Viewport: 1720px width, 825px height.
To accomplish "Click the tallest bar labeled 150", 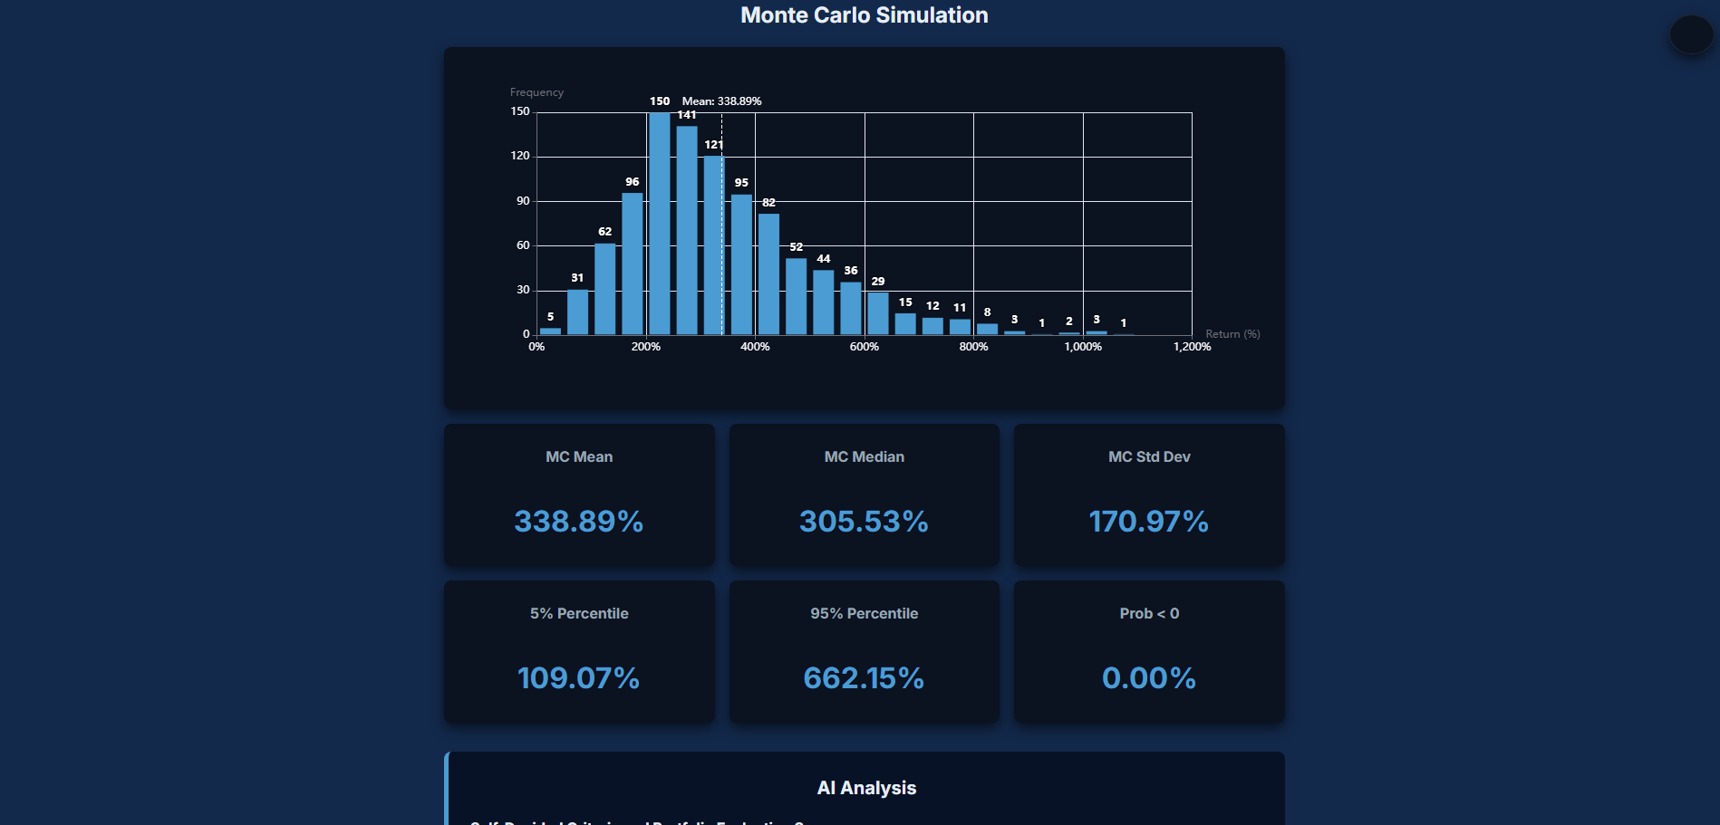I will (x=660, y=224).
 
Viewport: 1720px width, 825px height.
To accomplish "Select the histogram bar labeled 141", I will (x=687, y=231).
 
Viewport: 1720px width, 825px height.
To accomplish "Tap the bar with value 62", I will (x=604, y=289).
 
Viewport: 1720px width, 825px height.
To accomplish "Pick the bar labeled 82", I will (x=768, y=274).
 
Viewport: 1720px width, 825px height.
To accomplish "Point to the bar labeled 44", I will (x=823, y=302).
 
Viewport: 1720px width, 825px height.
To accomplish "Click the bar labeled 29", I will (x=877, y=313).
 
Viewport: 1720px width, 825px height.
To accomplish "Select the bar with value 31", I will (x=577, y=312).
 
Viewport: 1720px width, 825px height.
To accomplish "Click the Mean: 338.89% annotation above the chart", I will (x=721, y=101).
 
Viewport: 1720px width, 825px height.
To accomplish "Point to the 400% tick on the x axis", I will (x=755, y=347).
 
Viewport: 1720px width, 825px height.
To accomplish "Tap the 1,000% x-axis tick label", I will (x=1083, y=347).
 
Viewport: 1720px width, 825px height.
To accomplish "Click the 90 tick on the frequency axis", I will (x=523, y=201).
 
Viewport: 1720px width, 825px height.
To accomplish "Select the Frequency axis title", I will (x=536, y=92).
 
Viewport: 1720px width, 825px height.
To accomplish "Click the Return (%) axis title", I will (x=1232, y=334).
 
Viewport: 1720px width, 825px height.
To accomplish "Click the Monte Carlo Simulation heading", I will (x=864, y=15).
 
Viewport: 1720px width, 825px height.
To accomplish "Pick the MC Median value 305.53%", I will (x=864, y=522).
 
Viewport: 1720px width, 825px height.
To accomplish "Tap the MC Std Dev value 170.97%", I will (x=1148, y=522).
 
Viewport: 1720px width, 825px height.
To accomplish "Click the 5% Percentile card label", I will (x=579, y=614).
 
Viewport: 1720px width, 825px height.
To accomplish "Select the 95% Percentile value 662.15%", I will (x=864, y=678).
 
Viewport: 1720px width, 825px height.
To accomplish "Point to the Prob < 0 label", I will (x=1149, y=614).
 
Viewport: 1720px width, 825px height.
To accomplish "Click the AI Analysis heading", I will (x=866, y=788).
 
